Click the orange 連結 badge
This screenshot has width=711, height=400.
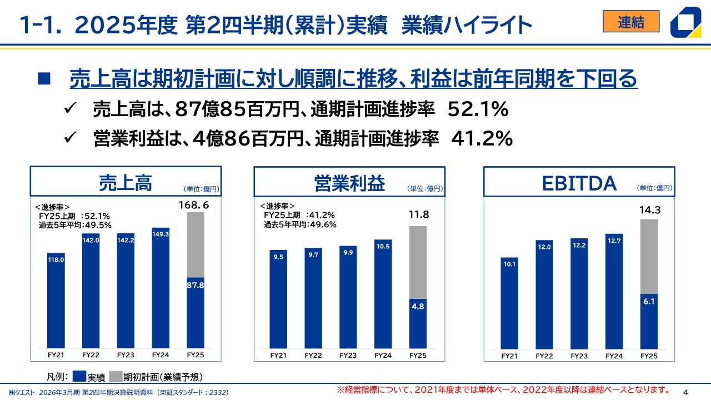(x=631, y=22)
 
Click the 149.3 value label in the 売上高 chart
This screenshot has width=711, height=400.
(x=161, y=234)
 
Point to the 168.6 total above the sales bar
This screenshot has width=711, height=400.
(x=194, y=206)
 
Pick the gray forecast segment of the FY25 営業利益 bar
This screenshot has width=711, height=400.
(x=418, y=261)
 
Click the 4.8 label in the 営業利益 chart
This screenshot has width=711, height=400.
(x=418, y=305)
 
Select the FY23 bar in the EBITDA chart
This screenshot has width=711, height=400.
(x=579, y=294)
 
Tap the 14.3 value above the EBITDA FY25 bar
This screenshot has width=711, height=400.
(x=649, y=211)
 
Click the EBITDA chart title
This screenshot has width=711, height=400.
(x=579, y=183)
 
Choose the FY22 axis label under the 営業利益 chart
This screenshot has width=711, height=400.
(x=313, y=356)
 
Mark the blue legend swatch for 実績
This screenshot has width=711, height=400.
(x=79, y=377)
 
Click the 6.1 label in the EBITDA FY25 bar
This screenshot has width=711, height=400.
(x=649, y=302)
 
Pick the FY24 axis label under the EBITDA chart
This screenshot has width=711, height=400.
(x=614, y=356)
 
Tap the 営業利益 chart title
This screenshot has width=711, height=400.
(x=349, y=183)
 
